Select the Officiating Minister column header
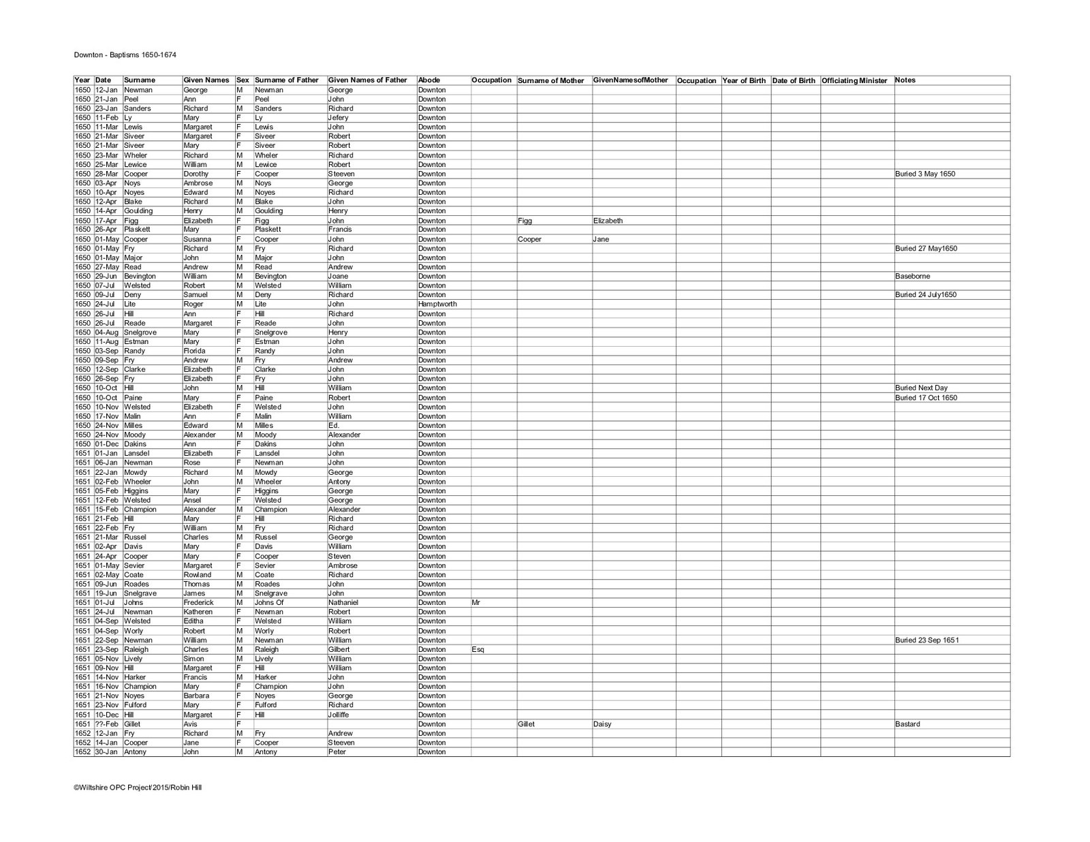coord(854,80)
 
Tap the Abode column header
coord(429,80)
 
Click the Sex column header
coord(243,80)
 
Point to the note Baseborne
coord(912,277)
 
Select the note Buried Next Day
coord(921,388)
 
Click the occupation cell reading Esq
coord(478,650)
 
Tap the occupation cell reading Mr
coord(476,603)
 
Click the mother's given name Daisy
coord(602,724)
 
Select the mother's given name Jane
coord(601,239)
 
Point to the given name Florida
coord(194,351)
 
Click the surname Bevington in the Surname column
coord(140,277)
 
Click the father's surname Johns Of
coord(269,603)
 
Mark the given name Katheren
coord(198,612)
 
